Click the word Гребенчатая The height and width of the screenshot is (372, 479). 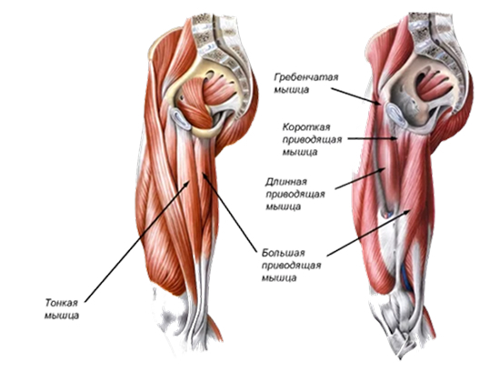tap(306, 77)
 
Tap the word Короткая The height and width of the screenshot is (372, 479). tap(306, 126)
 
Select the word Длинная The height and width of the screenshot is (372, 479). tap(286, 183)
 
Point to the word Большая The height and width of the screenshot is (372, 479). tap(284, 254)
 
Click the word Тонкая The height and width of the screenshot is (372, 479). tap(62, 303)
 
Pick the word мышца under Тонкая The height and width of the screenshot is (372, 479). tap(62, 316)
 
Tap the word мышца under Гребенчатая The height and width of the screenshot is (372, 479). tap(292, 90)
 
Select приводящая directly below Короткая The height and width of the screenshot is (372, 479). tap(312, 140)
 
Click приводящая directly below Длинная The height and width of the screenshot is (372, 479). tap(295, 195)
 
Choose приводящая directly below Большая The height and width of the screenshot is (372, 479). tap(292, 266)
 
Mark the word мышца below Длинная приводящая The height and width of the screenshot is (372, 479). tap(283, 207)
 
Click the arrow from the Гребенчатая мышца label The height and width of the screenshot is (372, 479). tap(356, 96)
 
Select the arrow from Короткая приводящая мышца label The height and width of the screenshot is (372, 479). tap(372, 138)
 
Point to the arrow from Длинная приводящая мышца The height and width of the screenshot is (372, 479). tap(361, 178)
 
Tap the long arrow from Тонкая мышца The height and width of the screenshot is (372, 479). tap(137, 241)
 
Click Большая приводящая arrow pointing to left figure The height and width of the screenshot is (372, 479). tap(229, 213)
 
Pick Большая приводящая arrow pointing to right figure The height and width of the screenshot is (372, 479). tap(369, 233)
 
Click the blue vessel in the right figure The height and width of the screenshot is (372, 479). tap(406, 277)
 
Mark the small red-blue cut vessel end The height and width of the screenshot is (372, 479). tap(387, 215)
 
